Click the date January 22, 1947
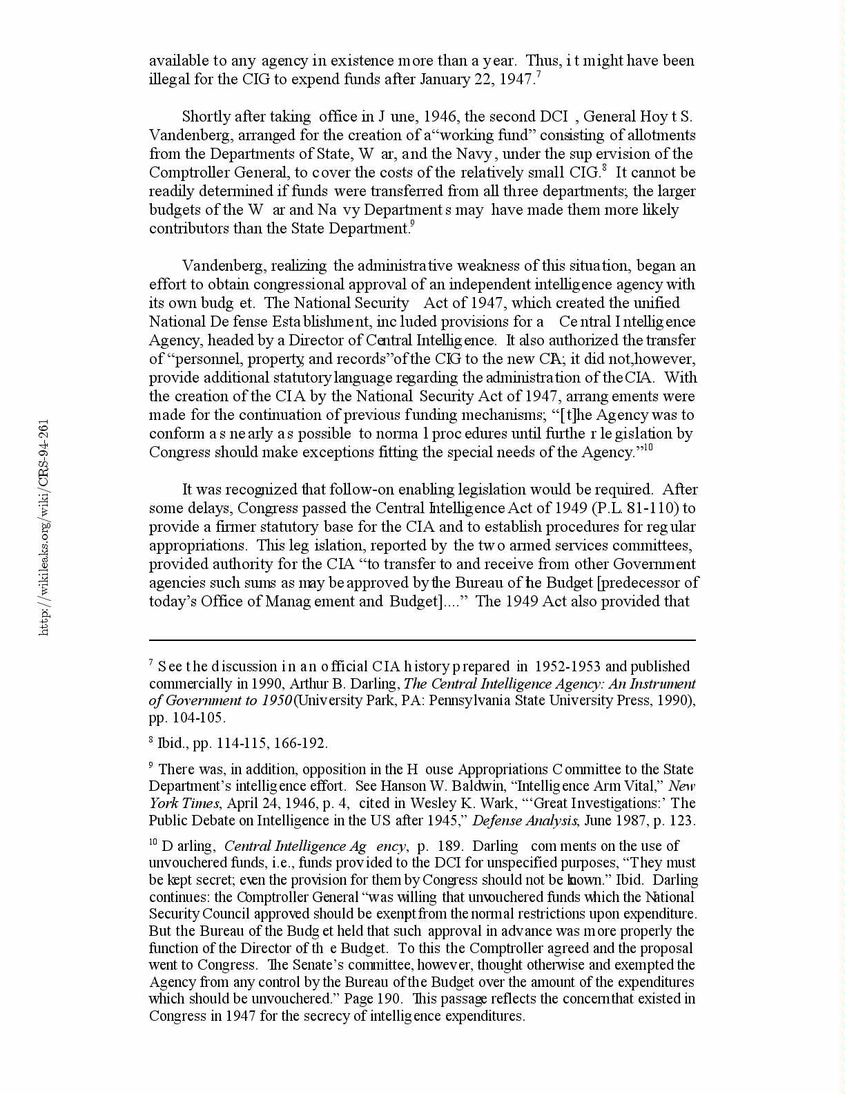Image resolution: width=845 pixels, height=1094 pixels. tap(476, 79)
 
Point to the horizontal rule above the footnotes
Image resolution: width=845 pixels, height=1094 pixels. tap(422, 640)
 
